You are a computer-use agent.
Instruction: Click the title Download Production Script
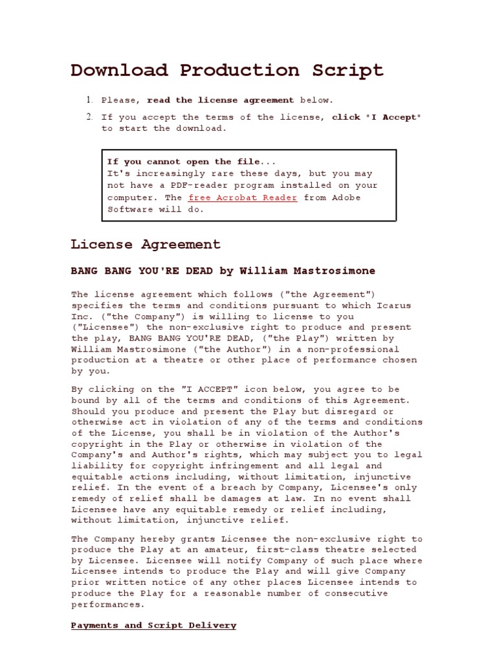(x=226, y=70)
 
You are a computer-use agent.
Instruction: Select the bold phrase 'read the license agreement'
(x=220, y=100)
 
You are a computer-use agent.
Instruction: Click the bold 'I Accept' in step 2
(x=395, y=117)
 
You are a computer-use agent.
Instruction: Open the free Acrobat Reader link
(x=243, y=197)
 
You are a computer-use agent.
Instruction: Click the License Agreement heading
(x=146, y=245)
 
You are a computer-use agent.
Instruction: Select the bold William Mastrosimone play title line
(x=223, y=271)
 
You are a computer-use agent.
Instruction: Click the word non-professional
(x=362, y=349)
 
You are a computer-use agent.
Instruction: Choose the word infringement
(x=249, y=466)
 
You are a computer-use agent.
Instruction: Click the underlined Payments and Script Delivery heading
(x=153, y=625)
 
